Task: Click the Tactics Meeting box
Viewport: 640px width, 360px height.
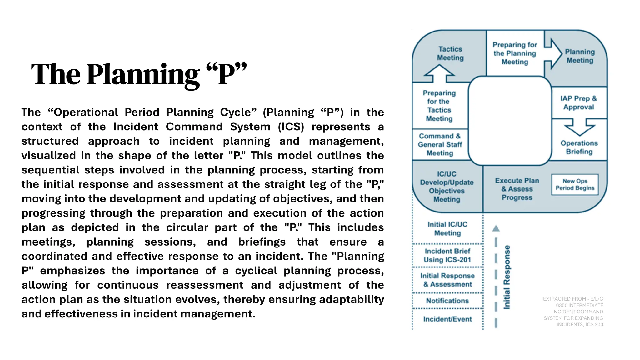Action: pos(450,53)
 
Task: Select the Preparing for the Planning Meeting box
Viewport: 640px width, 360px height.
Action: pos(515,53)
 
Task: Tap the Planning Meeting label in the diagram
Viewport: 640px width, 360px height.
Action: pos(580,56)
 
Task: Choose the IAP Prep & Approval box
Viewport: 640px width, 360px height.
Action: pos(579,102)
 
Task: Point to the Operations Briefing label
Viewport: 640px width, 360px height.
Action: pos(579,147)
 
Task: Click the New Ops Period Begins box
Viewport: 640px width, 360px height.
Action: pos(575,185)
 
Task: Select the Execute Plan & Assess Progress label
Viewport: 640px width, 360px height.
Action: pos(517,189)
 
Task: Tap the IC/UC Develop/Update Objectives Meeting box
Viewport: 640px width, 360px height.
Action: pos(447,187)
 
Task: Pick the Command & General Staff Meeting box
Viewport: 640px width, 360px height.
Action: pos(440,144)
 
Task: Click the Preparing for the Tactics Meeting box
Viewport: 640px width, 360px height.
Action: pos(439,106)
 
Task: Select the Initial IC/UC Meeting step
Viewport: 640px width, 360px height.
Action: pos(447,229)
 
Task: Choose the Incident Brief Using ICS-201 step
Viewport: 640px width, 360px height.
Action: pos(447,255)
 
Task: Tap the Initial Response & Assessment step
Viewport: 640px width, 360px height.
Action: pos(447,280)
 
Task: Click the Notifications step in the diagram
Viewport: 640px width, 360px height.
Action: pos(447,301)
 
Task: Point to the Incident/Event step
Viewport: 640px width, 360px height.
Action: pos(447,319)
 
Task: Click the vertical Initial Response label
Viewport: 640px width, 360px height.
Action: pos(507,277)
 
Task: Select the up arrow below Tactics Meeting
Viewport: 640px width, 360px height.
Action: pos(439,73)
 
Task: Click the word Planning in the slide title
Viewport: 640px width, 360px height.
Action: pos(143,75)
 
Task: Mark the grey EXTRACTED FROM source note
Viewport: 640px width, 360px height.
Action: pos(573,312)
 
